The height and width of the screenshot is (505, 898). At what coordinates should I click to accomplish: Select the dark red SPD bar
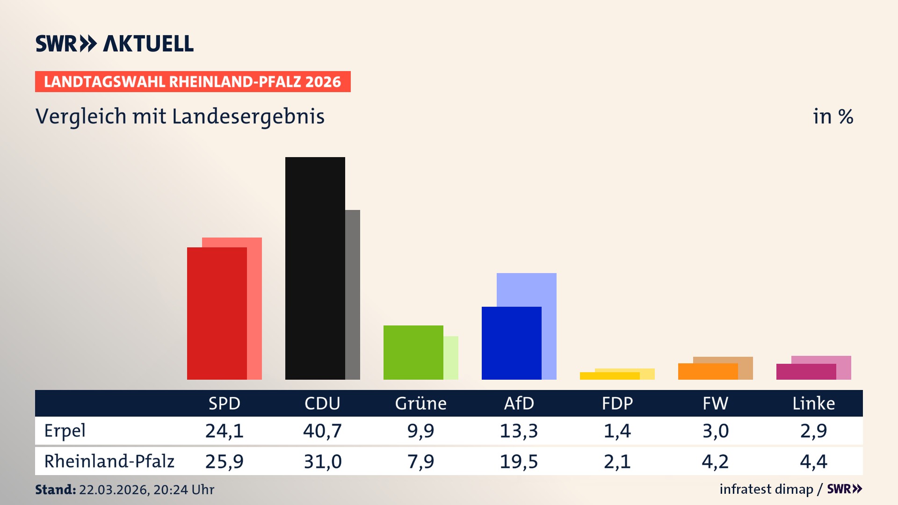tap(217, 313)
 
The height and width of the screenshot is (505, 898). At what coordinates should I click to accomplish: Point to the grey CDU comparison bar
tap(353, 295)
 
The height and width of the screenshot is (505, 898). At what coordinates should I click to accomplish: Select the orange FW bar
tap(708, 371)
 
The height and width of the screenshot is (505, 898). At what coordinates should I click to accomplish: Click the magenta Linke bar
tap(806, 372)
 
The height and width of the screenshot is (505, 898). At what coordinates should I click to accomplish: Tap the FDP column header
tap(617, 403)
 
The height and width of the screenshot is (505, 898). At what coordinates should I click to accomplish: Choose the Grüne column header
tap(420, 403)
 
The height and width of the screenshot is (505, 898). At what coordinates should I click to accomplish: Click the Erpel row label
tap(65, 431)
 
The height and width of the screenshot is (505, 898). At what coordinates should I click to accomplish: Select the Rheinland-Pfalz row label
tap(109, 461)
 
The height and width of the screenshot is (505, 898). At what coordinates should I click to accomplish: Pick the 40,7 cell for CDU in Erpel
tap(322, 431)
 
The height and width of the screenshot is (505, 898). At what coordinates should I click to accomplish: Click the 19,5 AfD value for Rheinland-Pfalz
tap(519, 462)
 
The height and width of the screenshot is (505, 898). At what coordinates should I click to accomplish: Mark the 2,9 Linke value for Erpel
tap(813, 431)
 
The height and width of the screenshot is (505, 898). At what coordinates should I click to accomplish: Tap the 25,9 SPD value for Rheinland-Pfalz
tap(224, 462)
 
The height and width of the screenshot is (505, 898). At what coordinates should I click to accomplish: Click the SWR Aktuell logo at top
tap(115, 43)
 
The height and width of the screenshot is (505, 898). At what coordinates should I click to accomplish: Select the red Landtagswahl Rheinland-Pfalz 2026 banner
tap(193, 82)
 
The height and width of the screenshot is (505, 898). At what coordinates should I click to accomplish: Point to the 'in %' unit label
tap(833, 116)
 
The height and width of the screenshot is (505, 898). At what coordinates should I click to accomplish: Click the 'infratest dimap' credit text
tap(766, 489)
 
